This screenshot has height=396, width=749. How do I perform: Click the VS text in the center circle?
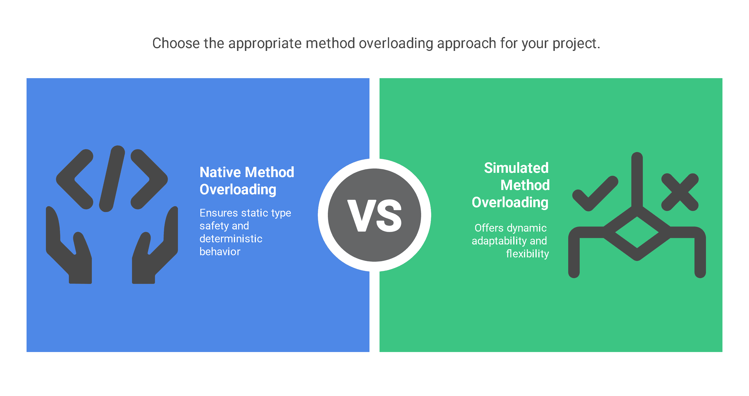tap(374, 216)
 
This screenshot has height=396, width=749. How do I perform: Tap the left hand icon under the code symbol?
tap(69, 245)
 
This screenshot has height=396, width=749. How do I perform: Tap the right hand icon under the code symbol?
tap(155, 245)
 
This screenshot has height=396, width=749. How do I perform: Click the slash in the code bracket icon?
tap(112, 179)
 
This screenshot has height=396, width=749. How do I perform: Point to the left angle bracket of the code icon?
tap(75, 179)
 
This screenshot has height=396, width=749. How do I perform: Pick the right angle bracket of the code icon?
tap(149, 179)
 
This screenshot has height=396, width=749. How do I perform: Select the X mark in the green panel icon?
tap(680, 192)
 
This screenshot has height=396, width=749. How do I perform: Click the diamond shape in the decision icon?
tap(637, 233)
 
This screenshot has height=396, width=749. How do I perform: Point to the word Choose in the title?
tap(176, 43)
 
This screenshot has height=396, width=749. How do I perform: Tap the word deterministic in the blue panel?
tap(231, 239)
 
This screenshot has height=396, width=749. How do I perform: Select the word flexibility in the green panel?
tap(528, 254)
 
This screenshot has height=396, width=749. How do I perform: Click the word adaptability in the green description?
tap(499, 241)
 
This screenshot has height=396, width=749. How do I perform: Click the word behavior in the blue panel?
tap(220, 252)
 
